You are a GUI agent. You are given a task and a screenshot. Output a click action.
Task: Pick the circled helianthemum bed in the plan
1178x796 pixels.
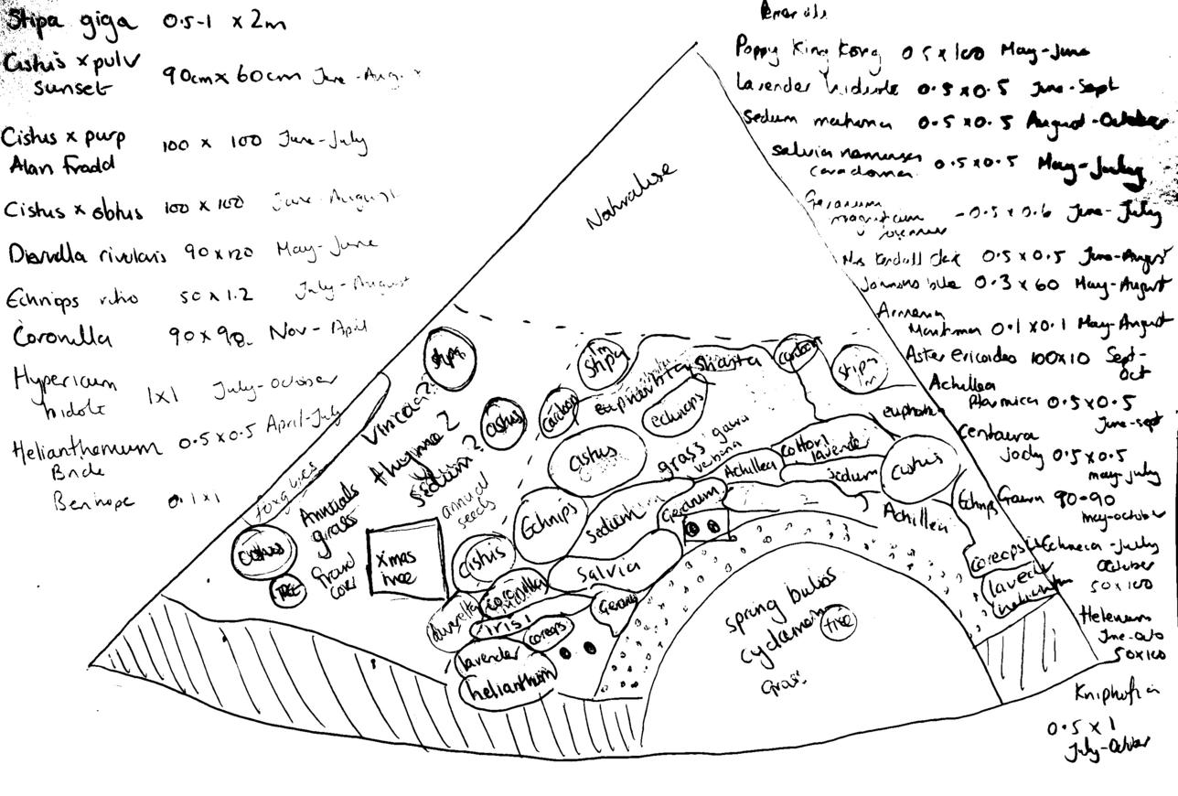[x=509, y=689]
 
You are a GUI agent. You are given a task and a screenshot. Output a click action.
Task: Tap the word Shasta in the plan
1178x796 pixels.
[x=727, y=362]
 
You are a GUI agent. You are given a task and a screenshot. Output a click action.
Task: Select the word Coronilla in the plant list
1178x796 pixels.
[x=63, y=338]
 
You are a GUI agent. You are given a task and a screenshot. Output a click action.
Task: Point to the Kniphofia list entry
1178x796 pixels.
[x=1115, y=692]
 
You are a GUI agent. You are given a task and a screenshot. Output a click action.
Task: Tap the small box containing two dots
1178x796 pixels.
[x=705, y=527]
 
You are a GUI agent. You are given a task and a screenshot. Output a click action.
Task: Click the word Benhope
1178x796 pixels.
[x=93, y=501]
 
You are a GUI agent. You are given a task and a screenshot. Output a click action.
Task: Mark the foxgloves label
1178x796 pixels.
[x=288, y=478]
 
